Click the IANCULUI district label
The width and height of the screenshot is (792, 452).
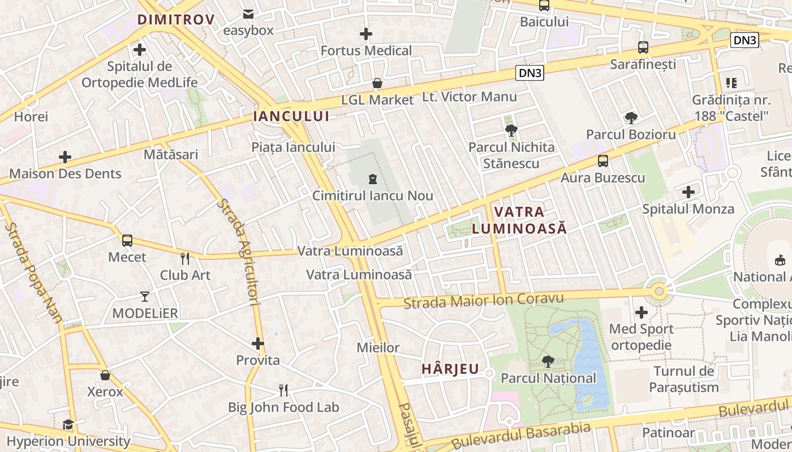tap(291, 116)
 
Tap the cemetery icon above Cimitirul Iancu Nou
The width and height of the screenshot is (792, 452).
tap(372, 180)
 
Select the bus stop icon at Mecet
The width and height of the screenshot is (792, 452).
tap(127, 241)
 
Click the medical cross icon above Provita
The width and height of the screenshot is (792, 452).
tap(258, 344)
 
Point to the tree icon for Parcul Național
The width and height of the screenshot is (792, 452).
tap(548, 362)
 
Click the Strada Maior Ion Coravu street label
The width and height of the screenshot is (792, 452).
tap(484, 300)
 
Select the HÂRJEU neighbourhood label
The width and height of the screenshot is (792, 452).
tap(450, 370)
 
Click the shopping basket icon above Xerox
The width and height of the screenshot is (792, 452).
tap(105, 375)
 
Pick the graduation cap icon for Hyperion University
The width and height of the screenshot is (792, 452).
tap(68, 424)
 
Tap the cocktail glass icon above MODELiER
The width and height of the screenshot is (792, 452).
tap(145, 297)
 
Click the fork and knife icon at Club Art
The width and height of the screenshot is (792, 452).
tap(185, 259)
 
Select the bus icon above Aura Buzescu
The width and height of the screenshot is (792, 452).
tap(603, 161)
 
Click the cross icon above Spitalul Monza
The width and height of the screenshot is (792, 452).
tap(688, 192)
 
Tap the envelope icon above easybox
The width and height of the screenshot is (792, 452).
tap(248, 14)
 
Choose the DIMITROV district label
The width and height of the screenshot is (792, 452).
tap(176, 20)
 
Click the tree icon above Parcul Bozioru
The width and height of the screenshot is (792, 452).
tap(631, 118)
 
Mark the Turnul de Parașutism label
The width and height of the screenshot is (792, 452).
tap(684, 379)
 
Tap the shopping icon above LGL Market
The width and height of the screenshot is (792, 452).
tap(377, 84)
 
